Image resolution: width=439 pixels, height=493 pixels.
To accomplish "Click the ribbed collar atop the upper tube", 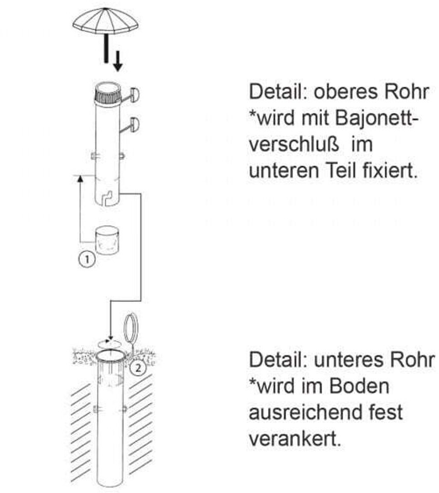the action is coord(107,94).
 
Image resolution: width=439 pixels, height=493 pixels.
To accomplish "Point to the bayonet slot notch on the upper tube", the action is coord(107,197).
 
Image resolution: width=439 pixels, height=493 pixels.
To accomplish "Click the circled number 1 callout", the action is coord(87,259).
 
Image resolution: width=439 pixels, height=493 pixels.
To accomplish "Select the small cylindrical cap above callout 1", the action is coord(107,240).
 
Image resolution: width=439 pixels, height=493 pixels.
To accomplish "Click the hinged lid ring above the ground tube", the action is coord(130,329).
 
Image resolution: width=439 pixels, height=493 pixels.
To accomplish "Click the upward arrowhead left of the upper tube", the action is coord(80,179).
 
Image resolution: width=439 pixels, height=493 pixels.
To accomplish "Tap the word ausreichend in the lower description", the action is coord(305,412).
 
